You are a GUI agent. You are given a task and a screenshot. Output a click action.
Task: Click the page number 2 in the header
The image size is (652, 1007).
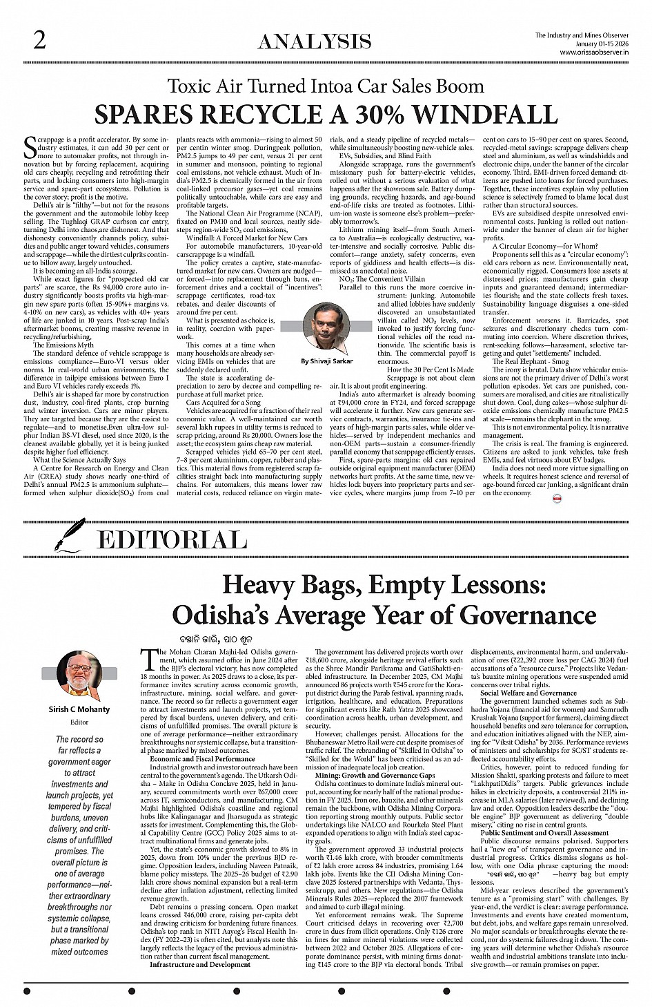click(39, 41)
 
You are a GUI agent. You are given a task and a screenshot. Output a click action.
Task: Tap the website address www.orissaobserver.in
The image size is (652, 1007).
click(594, 52)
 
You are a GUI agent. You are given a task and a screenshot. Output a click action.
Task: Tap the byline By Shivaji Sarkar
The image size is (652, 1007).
click(326, 361)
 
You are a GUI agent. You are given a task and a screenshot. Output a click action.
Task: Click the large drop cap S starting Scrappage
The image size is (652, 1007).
click(30, 147)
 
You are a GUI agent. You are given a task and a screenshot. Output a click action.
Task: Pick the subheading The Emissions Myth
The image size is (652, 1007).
click(63, 345)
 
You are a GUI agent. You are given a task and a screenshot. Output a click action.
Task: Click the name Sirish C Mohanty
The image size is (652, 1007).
click(79, 709)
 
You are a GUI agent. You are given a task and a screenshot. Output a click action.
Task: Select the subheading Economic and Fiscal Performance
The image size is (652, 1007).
click(202, 758)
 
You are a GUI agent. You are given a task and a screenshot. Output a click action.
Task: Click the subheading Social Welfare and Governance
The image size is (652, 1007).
click(528, 692)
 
